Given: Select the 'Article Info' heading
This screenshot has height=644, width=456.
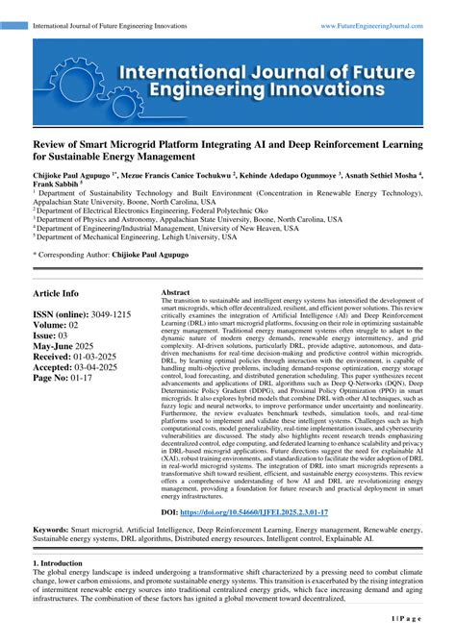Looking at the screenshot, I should tap(57, 293).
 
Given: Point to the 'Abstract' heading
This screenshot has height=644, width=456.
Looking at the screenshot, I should tap(175, 292).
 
